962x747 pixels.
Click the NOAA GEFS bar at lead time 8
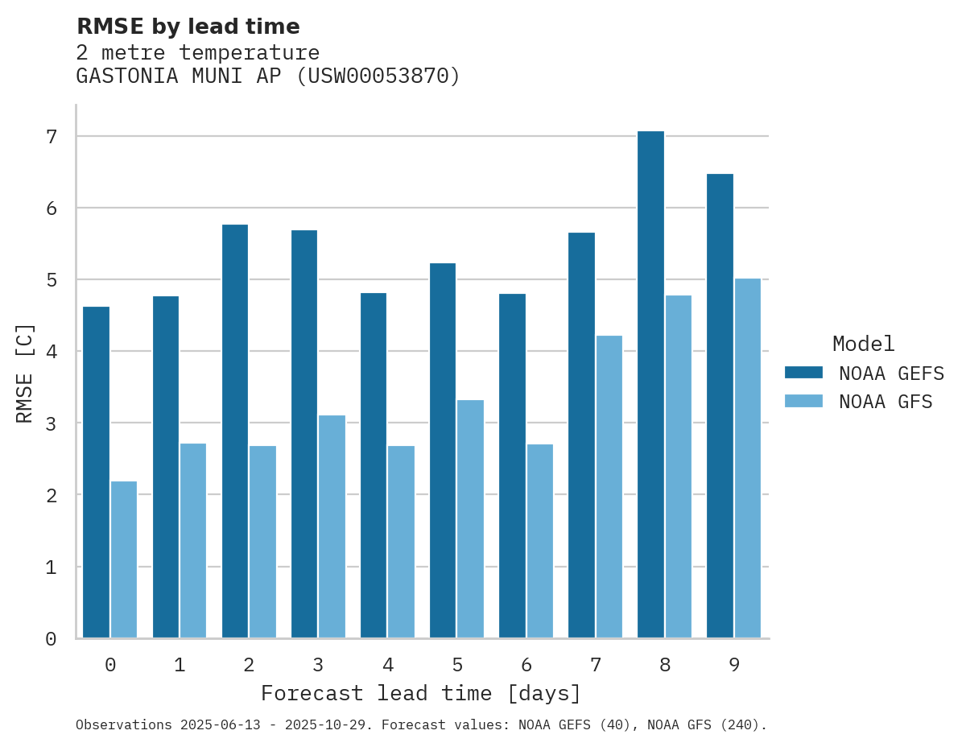tap(650, 385)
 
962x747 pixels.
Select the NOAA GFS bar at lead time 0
tap(124, 559)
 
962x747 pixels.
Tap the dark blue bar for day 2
tap(235, 431)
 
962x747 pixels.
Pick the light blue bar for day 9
tap(748, 458)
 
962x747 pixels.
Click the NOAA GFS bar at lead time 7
tap(609, 487)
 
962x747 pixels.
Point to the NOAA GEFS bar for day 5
tap(443, 451)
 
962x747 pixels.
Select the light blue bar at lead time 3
tap(332, 526)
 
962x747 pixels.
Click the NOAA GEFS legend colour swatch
tap(803, 372)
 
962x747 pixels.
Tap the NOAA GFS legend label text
tap(886, 402)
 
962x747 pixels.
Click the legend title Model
tap(864, 344)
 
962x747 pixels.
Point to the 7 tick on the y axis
tap(52, 137)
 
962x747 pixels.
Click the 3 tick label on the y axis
tap(52, 423)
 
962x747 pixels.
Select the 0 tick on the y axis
tap(52, 639)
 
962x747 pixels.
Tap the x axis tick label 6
tap(526, 665)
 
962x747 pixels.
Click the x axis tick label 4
tap(388, 665)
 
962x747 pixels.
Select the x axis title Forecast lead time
tap(420, 693)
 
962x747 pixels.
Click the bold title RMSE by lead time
tap(188, 27)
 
